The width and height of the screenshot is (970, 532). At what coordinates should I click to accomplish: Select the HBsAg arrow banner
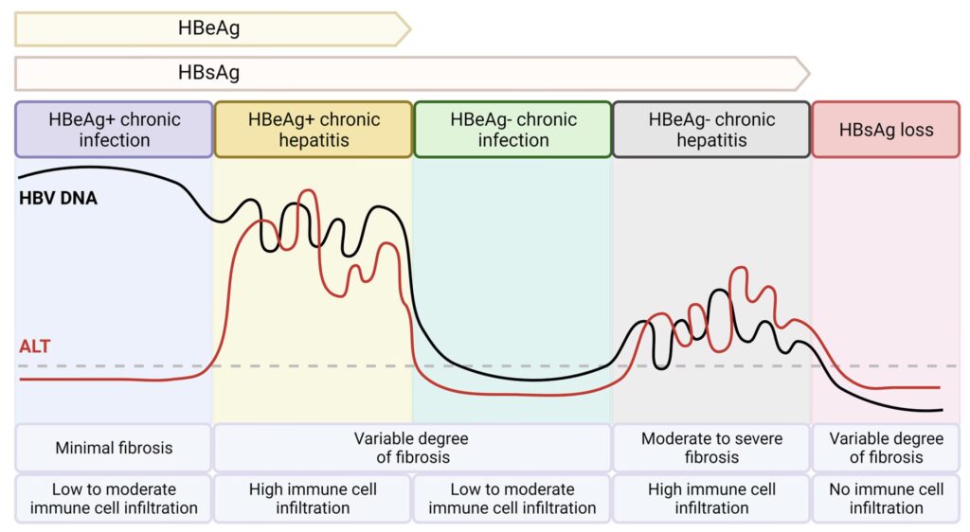click(407, 73)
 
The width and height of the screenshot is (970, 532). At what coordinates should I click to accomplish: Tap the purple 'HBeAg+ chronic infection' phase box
click(114, 130)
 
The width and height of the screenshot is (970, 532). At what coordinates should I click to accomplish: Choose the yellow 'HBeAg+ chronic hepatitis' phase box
click(314, 130)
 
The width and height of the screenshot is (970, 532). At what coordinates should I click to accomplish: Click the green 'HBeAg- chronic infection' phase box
click(512, 130)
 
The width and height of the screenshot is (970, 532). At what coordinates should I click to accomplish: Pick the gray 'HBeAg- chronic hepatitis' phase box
click(711, 130)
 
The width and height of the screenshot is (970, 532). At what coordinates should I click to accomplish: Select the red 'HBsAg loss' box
click(886, 130)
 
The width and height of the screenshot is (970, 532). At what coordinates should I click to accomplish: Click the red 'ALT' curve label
click(35, 346)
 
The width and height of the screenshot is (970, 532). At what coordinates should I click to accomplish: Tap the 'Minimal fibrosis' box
click(114, 448)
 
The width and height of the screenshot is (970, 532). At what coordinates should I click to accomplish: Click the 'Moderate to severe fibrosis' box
click(711, 448)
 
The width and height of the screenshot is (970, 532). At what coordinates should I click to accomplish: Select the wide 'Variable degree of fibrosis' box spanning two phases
click(412, 448)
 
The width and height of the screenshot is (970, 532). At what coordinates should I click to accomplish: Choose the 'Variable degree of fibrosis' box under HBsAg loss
click(886, 448)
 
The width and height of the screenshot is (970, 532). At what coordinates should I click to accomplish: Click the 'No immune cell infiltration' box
click(886, 499)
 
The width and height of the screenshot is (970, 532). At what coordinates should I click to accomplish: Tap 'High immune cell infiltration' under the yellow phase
click(314, 499)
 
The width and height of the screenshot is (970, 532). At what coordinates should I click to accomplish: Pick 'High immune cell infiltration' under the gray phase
click(711, 499)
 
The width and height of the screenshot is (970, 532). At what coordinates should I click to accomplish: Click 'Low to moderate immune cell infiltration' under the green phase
click(512, 499)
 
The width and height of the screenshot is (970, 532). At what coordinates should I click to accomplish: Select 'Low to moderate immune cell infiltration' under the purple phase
click(114, 499)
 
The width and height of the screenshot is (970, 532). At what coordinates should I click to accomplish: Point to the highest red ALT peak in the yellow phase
click(305, 192)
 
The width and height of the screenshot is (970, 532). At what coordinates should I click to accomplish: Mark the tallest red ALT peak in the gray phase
click(742, 270)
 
